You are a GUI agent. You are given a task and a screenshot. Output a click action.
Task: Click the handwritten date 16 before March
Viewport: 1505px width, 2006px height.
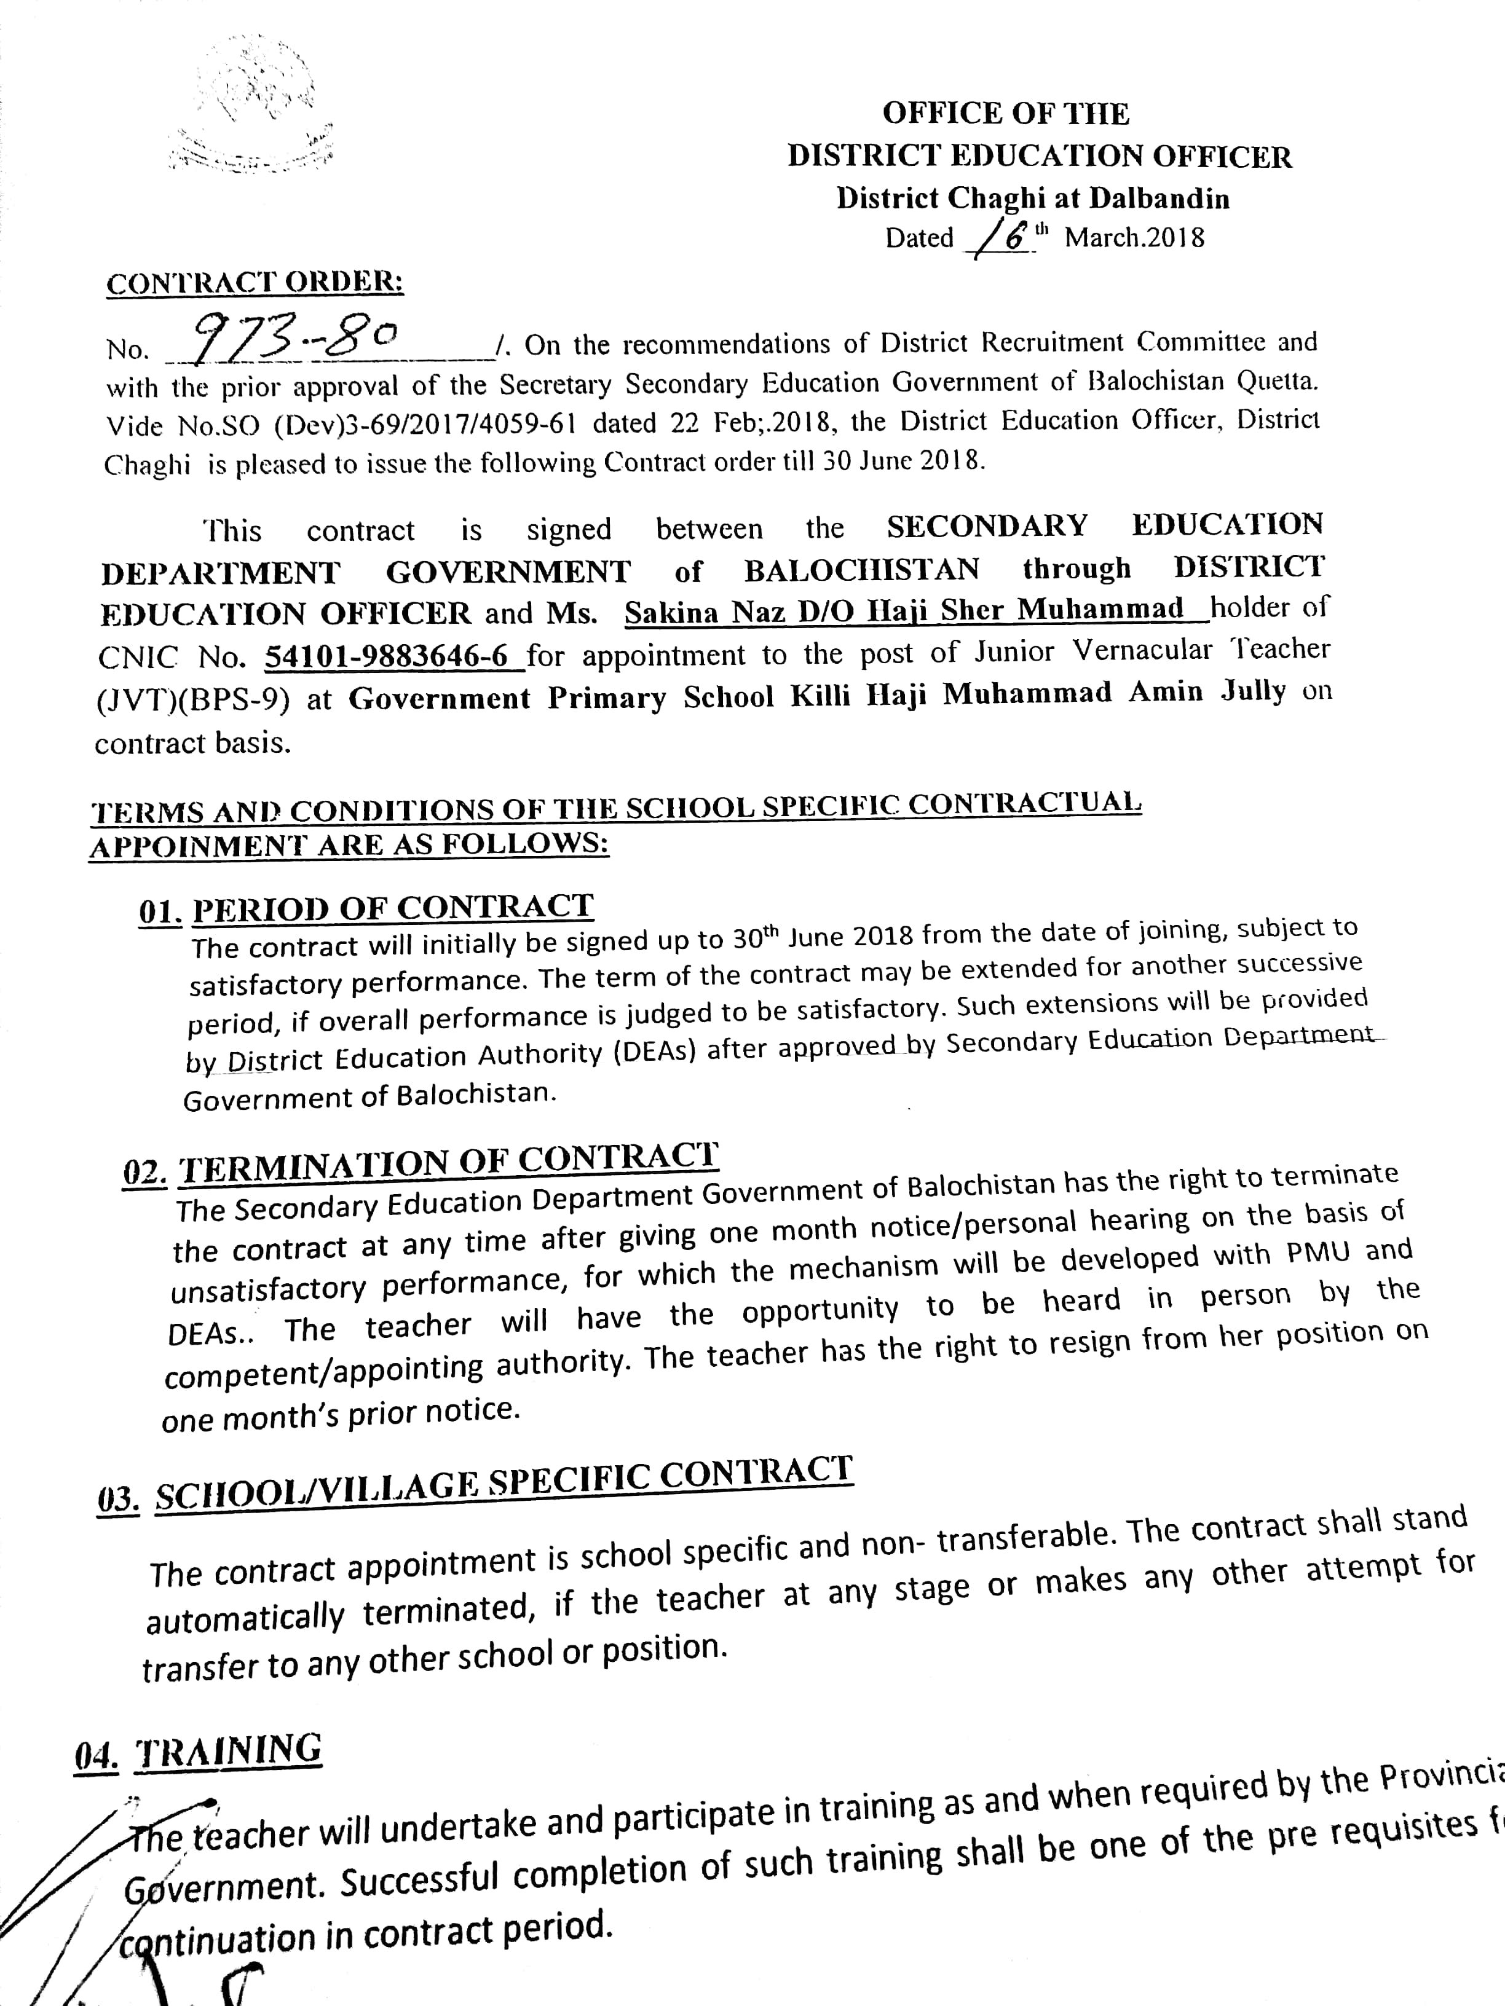click(1003, 238)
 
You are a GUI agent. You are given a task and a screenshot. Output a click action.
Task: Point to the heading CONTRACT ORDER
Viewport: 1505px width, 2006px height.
click(255, 283)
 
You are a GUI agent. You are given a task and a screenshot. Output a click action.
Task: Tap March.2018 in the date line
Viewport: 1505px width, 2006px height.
click(1134, 238)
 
